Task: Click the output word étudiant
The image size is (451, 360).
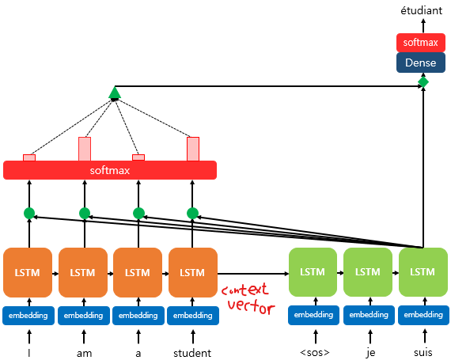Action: tap(422, 10)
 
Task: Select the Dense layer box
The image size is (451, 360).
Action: tap(421, 63)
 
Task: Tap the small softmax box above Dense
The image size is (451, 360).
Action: tap(421, 43)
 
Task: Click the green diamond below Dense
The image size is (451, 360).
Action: tap(423, 82)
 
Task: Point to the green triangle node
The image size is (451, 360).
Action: tap(115, 93)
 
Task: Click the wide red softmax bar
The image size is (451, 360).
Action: tap(110, 170)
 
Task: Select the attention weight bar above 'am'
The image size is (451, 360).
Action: tap(85, 149)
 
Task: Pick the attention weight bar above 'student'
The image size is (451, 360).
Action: tap(193, 149)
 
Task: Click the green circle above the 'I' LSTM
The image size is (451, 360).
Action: tap(29, 214)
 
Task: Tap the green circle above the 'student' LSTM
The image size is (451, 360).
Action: tap(192, 214)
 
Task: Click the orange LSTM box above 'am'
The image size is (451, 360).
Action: tap(83, 272)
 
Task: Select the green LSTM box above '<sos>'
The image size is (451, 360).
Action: tap(313, 272)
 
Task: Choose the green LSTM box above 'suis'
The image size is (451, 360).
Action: tap(423, 272)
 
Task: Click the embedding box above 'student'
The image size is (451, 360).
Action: tap(193, 316)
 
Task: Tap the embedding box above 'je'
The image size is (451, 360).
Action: tap(369, 315)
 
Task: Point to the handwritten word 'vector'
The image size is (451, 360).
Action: tap(252, 307)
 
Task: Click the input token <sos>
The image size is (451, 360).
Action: tap(315, 353)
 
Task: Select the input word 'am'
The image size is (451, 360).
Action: tap(85, 354)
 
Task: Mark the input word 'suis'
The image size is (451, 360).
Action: tap(423, 353)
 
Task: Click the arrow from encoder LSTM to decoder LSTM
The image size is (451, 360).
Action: tap(253, 274)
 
